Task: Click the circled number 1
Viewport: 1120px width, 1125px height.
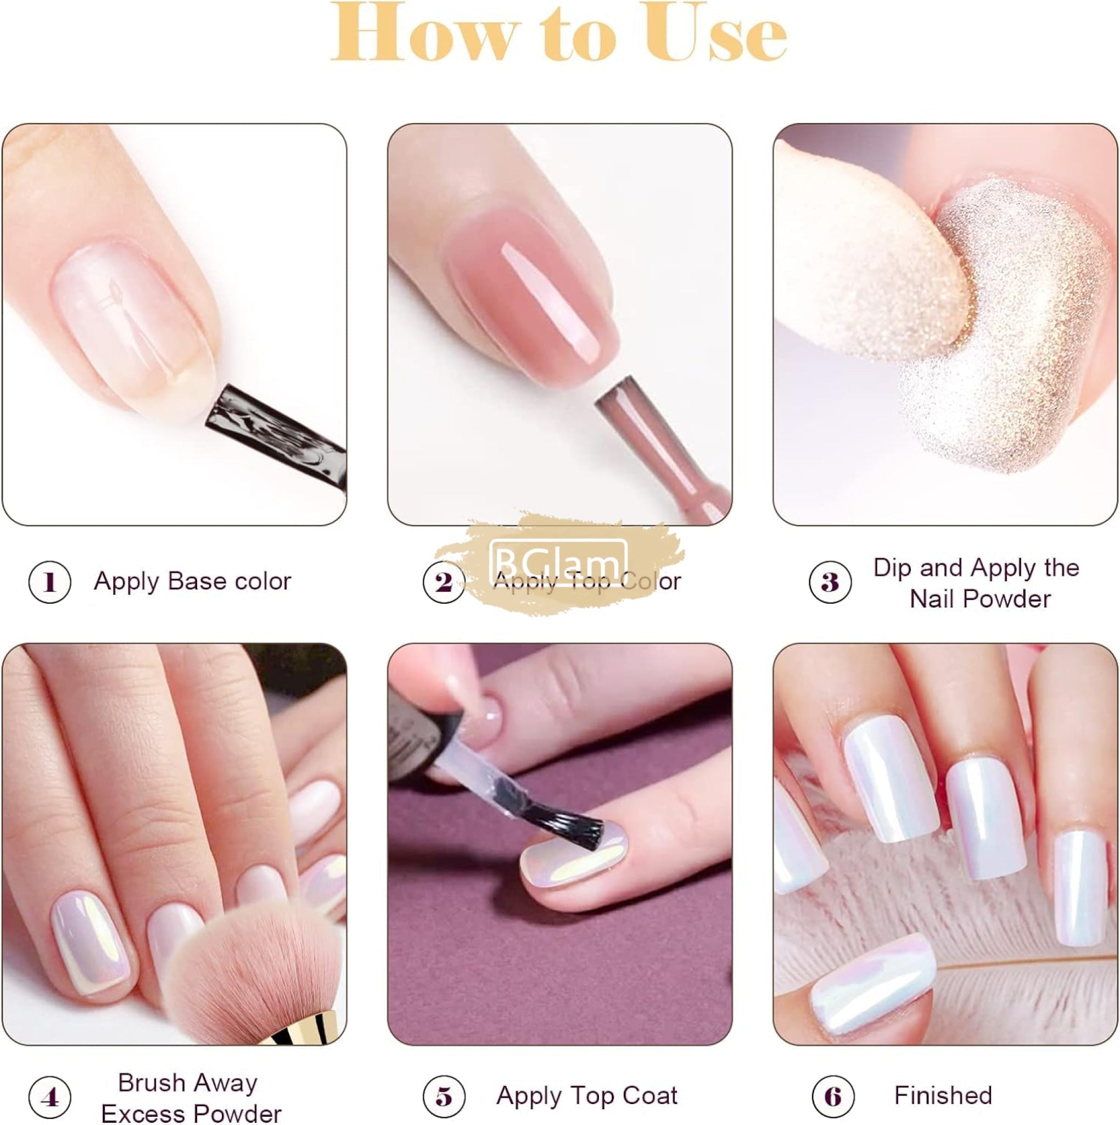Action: click(49, 582)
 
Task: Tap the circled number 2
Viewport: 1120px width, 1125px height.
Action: click(444, 582)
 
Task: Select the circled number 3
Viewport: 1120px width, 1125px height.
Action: click(830, 582)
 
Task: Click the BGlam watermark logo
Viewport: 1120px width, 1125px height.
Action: click(558, 561)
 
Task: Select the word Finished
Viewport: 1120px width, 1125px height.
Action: click(943, 1096)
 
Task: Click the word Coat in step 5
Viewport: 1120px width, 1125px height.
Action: click(650, 1096)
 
